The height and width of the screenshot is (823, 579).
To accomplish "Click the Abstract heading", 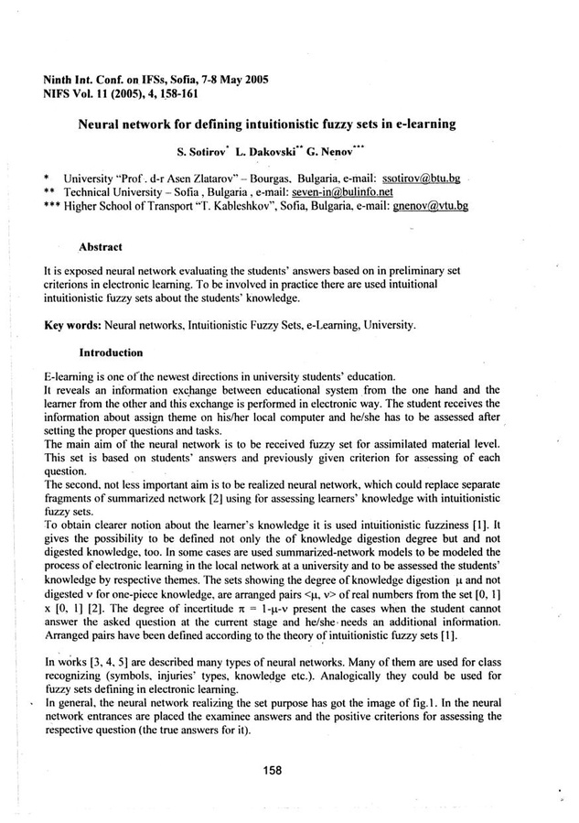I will (102, 247).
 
